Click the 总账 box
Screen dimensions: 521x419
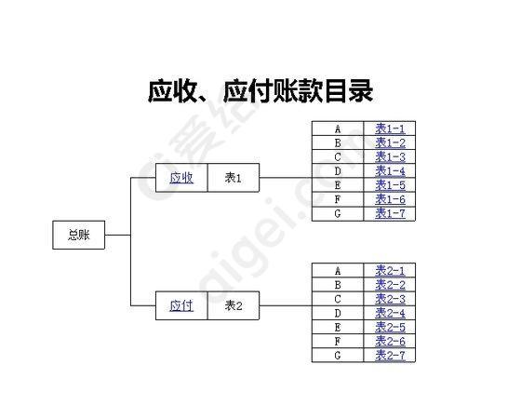(x=79, y=235)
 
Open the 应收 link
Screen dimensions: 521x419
(x=181, y=178)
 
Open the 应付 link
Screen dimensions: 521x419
(x=181, y=305)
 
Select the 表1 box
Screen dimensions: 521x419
(x=234, y=178)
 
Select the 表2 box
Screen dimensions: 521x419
(x=234, y=305)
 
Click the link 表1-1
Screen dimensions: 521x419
(x=391, y=128)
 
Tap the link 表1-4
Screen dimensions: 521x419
(x=391, y=171)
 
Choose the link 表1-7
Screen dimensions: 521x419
(x=391, y=213)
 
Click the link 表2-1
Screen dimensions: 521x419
(x=391, y=271)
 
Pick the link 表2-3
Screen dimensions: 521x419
(x=391, y=299)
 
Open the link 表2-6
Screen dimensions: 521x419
(x=391, y=341)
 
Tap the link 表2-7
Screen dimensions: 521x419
(x=391, y=355)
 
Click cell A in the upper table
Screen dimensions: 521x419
(x=338, y=128)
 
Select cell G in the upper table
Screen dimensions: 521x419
(x=338, y=213)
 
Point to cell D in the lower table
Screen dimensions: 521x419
(x=338, y=313)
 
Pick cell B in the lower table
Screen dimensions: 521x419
(x=338, y=285)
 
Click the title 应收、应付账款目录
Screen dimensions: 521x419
(x=260, y=90)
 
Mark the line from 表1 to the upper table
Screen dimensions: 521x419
(x=286, y=178)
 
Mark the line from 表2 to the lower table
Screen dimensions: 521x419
(x=286, y=305)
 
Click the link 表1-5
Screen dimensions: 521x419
(x=391, y=185)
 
